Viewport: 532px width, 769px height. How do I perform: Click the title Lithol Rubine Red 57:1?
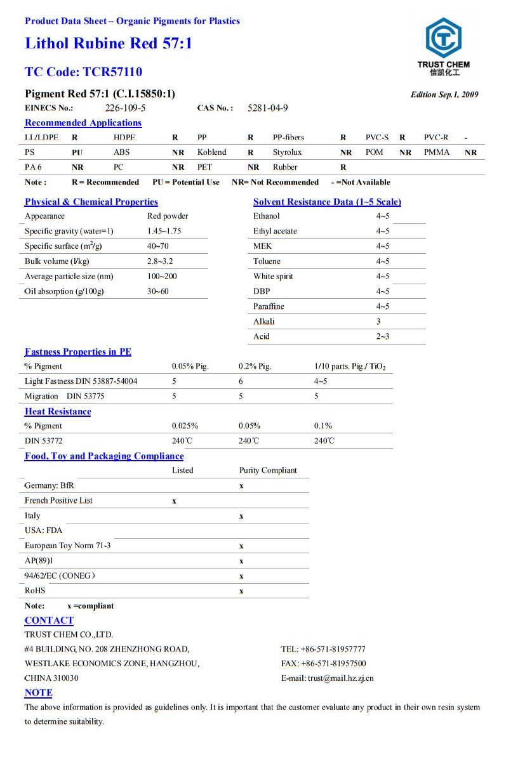(108, 44)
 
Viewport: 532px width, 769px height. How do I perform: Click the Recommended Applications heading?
(83, 123)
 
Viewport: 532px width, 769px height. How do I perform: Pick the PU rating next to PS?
(77, 152)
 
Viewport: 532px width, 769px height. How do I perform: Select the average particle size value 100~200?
(162, 276)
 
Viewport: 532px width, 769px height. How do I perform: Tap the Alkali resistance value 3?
(378, 321)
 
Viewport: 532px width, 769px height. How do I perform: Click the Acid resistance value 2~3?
(382, 336)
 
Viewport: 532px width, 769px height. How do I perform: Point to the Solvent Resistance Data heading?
(327, 202)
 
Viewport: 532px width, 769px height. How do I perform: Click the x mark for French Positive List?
(174, 501)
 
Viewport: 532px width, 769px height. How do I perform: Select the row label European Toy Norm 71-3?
(67, 546)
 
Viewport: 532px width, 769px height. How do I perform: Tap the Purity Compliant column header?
(268, 470)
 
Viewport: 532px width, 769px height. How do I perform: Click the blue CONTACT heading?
(49, 621)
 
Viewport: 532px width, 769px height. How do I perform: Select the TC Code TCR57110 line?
(83, 72)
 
